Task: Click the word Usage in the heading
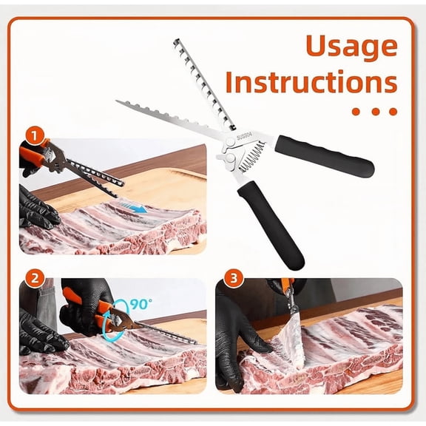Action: (351, 46)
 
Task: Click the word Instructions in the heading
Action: (311, 81)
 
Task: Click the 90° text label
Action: (140, 304)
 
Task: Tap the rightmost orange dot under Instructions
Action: (393, 112)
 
